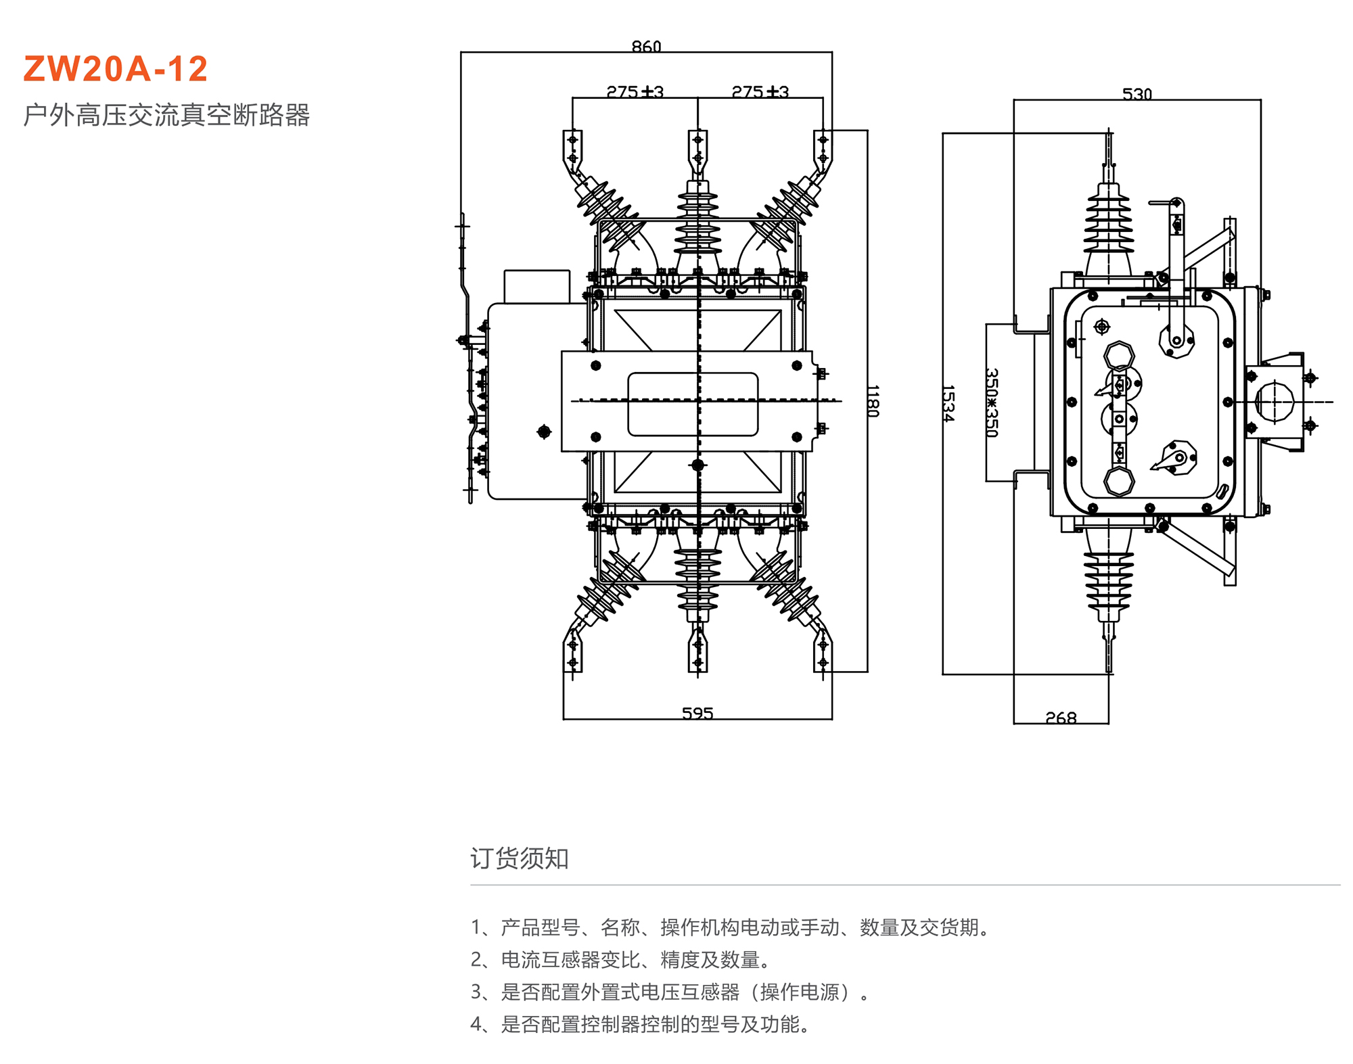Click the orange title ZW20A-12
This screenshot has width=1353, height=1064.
coord(116,69)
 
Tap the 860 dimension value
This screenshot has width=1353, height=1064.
coord(646,46)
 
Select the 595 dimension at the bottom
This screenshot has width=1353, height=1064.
coord(697,713)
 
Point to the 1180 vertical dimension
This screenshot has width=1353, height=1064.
coord(873,401)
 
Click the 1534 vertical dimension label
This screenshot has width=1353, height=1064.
coord(948,404)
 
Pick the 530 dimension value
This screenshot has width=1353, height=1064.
coord(1137,93)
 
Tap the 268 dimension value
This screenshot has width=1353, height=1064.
coord(1061,718)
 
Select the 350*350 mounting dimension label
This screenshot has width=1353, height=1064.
coord(992,402)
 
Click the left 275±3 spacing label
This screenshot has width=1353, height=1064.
coord(635,91)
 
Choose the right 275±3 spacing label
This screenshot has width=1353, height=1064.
coord(760,91)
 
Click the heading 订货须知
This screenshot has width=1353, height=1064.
coord(520,858)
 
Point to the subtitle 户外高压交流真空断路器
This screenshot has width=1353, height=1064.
coord(166,115)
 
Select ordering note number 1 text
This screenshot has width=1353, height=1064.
coord(731,927)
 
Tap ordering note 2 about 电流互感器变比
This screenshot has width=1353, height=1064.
coord(620,960)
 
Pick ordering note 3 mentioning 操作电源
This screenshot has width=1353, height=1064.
coord(670,992)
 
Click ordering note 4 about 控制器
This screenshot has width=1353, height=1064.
coord(640,1025)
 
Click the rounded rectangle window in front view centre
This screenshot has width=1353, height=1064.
coord(693,404)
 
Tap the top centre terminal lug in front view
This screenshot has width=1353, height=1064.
coord(697,150)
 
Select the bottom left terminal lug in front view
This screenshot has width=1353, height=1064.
coord(573,652)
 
